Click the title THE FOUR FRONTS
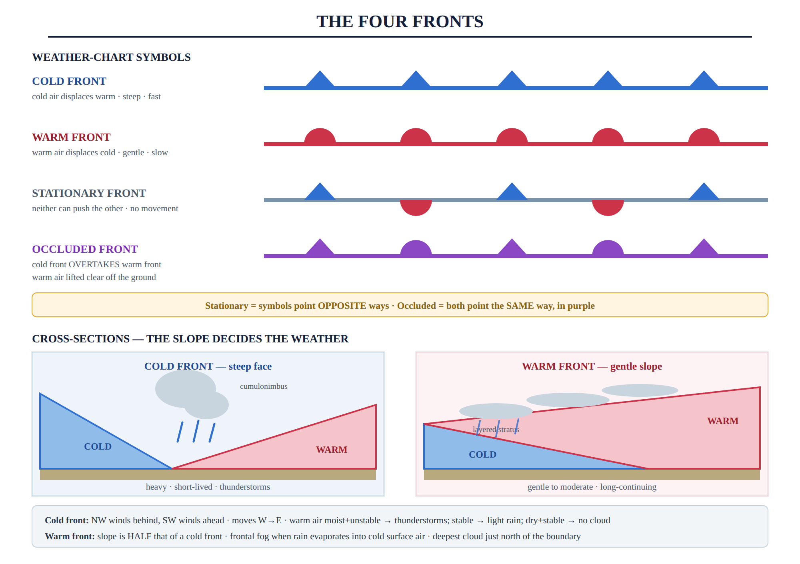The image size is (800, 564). pos(400,22)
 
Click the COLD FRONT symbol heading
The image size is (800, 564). pos(69,81)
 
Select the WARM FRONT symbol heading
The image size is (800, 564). pos(71,137)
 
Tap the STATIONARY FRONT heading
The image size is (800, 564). pos(89,193)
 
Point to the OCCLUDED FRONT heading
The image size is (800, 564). pos(85,249)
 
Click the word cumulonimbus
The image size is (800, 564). pos(264,386)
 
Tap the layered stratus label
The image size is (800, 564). pos(496,430)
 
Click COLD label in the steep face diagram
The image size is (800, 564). pos(98,446)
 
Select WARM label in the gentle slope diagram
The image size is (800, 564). pos(723,421)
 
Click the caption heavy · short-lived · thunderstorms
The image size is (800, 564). pos(208,487)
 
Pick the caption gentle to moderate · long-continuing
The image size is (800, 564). pos(592,487)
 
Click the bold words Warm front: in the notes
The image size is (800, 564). pos(70,536)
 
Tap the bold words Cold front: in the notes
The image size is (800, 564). pos(67,520)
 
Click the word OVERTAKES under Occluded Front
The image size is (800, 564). pos(94,264)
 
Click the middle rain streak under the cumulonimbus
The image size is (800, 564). pos(196,431)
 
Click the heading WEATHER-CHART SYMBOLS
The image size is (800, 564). pos(111,57)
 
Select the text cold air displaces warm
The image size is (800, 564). pos(74,96)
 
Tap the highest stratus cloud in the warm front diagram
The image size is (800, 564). pos(640,390)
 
